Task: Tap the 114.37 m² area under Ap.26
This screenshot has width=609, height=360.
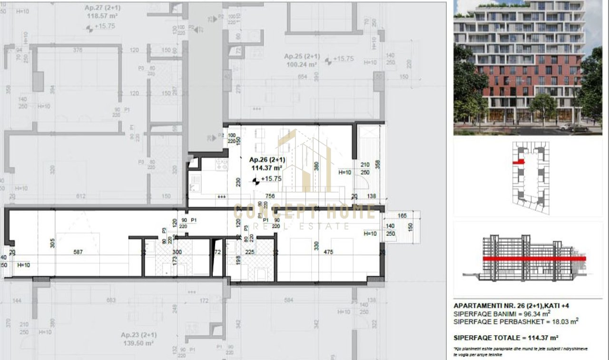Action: pyautogui.click(x=267, y=168)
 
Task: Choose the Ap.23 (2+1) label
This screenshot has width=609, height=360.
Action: pyautogui.click(x=139, y=335)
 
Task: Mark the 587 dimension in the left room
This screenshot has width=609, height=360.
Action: pyautogui.click(x=78, y=252)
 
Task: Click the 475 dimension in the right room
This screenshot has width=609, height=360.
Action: pyautogui.click(x=328, y=252)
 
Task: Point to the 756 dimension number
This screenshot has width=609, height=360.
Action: pyautogui.click(x=270, y=195)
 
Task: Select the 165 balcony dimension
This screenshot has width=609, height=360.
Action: pyautogui.click(x=402, y=216)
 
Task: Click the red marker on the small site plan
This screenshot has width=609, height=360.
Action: pyautogui.click(x=518, y=162)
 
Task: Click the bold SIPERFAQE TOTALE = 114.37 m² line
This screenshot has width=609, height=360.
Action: pyautogui.click(x=505, y=338)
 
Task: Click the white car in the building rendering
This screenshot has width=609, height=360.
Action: pyautogui.click(x=567, y=126)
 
